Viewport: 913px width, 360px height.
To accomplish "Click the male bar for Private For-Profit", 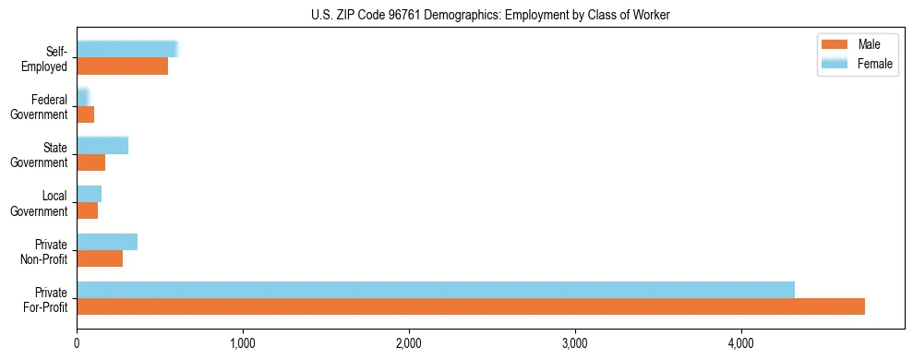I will point(471,306).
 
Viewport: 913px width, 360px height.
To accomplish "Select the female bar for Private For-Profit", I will point(436,290).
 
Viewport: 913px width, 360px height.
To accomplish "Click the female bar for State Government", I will point(102,145).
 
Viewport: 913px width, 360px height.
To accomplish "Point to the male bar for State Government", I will point(91,162).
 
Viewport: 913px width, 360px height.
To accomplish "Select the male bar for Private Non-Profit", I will point(100,258).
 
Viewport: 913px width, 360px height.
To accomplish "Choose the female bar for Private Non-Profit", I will point(107,242).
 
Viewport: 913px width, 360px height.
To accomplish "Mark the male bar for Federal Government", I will point(86,114).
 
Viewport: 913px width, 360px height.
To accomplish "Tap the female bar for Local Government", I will point(90,194).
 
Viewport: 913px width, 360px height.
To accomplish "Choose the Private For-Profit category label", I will point(45,299).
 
